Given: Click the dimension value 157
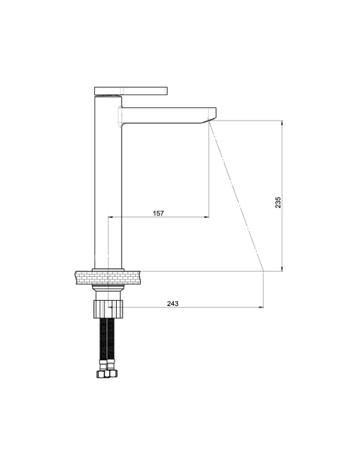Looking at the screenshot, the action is (x=158, y=214).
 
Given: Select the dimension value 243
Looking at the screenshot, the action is (x=173, y=304).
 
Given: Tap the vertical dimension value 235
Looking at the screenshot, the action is (x=278, y=203).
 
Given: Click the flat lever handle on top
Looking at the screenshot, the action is (x=131, y=91).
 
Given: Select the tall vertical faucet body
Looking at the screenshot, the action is (x=108, y=182).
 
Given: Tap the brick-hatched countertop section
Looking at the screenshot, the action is (x=108, y=277).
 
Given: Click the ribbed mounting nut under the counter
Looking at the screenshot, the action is (x=108, y=309).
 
